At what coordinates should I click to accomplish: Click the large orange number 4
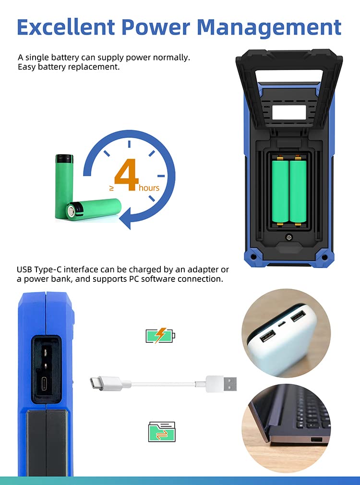coord(126,176)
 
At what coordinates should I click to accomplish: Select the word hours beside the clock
coord(149,188)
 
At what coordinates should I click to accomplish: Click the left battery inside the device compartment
coord(280,191)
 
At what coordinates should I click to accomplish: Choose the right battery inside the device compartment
coord(298,191)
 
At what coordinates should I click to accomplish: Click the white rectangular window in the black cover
coord(289,112)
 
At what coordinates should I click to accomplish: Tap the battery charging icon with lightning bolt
coord(160,336)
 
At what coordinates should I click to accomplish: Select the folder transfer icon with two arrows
coord(161,431)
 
